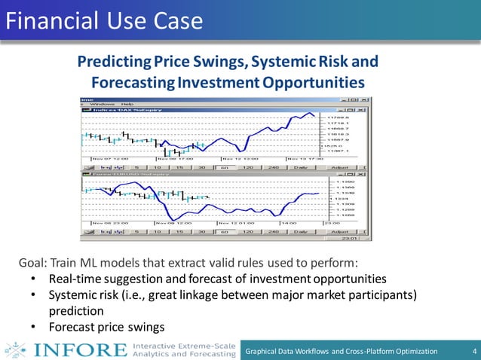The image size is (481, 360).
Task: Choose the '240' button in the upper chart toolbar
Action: [x=274, y=167]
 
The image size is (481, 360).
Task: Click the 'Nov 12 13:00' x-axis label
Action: [x=239, y=159]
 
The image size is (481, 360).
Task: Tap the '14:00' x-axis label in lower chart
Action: [x=290, y=223]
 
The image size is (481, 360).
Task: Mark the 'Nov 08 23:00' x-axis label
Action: [x=110, y=223]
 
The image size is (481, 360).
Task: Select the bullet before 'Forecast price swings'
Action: [x=34, y=327]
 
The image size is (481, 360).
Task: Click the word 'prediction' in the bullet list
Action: [x=75, y=310]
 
